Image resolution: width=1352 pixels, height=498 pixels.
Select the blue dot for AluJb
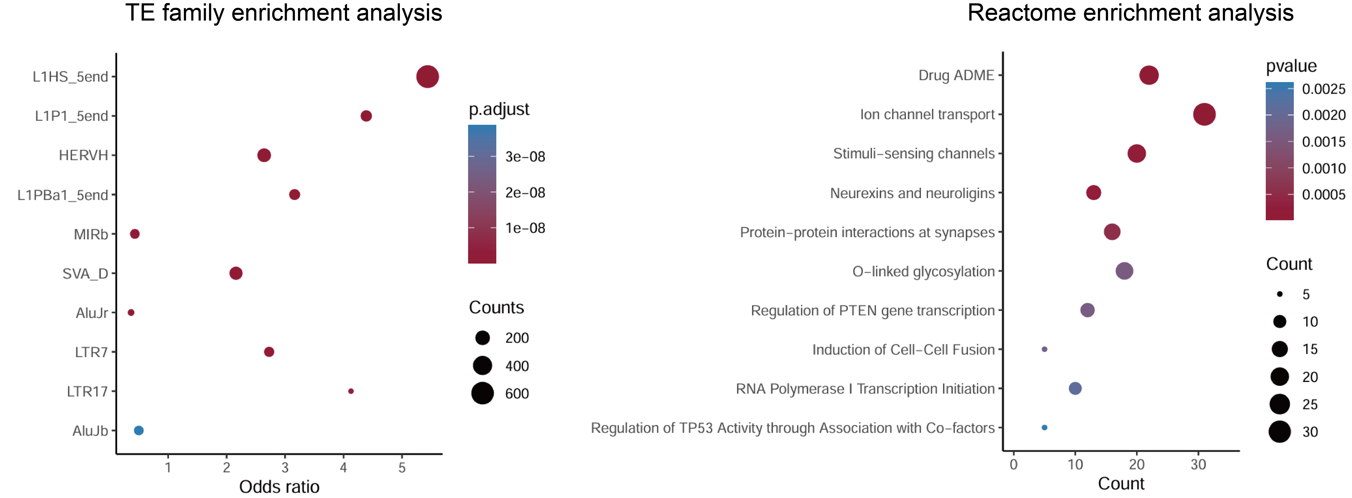tap(138, 430)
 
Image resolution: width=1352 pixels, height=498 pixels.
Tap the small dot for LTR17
tap(351, 391)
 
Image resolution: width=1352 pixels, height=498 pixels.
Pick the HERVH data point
tap(264, 155)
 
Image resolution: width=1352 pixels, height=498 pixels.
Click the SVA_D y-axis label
tap(85, 273)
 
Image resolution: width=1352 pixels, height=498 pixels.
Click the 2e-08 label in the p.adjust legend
tap(525, 193)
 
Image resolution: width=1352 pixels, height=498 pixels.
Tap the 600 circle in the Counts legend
tap(482, 393)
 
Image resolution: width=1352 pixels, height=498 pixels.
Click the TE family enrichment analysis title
tap(283, 13)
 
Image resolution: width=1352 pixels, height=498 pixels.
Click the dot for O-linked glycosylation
tap(1124, 271)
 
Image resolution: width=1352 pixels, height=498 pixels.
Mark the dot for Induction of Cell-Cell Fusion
tap(1044, 349)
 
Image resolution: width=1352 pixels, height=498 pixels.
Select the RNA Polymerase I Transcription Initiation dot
tap(1075, 388)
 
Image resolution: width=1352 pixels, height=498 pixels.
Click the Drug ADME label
tap(956, 75)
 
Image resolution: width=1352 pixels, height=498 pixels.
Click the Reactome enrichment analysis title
tap(1130, 13)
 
